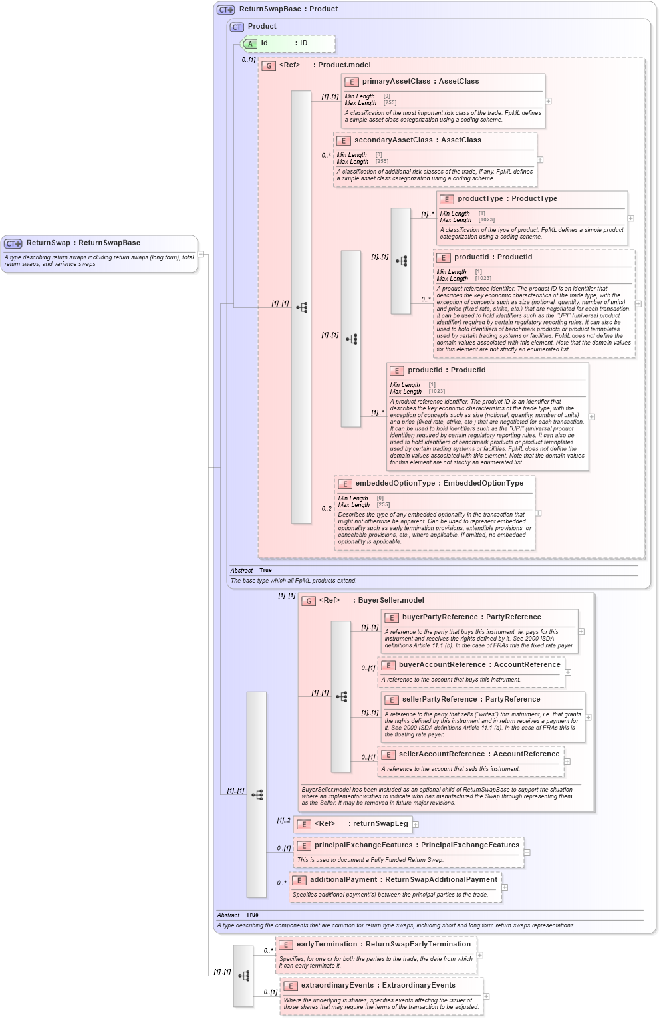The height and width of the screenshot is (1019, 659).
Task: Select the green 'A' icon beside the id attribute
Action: (x=250, y=44)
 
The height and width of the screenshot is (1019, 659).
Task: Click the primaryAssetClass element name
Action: (x=396, y=82)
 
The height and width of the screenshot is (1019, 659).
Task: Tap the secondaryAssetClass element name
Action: (x=393, y=140)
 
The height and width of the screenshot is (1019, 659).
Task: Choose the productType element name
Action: (x=479, y=199)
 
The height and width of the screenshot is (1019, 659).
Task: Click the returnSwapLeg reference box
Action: (x=353, y=824)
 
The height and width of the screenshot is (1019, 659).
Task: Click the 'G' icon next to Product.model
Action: (x=269, y=65)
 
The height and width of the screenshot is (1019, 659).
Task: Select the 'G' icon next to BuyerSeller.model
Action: (x=309, y=601)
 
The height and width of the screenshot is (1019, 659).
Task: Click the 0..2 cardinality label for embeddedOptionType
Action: (x=327, y=509)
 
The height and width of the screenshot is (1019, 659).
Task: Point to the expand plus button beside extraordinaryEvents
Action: (x=486, y=996)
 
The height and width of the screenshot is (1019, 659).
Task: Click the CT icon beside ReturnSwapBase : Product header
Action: (x=226, y=9)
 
